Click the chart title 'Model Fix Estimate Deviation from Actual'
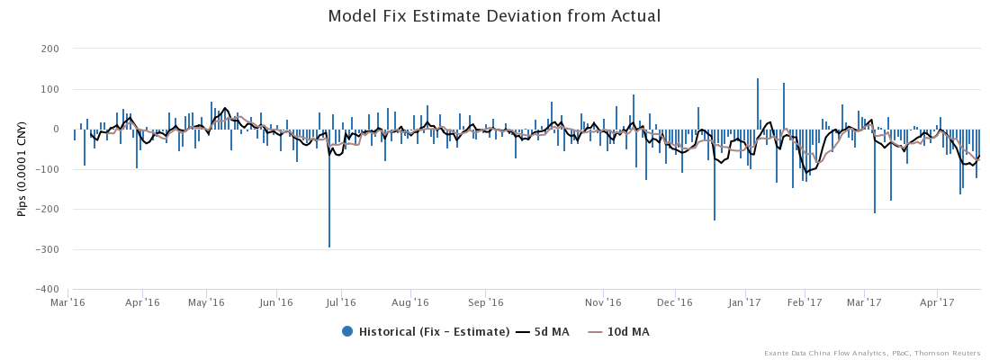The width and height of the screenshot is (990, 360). pyautogui.click(x=494, y=16)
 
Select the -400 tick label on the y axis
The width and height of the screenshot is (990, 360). pyautogui.click(x=47, y=290)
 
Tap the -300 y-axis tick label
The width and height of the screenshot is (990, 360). pyautogui.click(x=47, y=249)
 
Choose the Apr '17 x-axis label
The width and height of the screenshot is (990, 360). pyautogui.click(x=938, y=302)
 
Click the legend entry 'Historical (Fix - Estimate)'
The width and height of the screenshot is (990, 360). pyautogui.click(x=434, y=332)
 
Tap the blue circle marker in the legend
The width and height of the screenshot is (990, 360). pyautogui.click(x=347, y=332)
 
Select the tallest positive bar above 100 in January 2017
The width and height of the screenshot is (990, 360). pyautogui.click(x=758, y=90)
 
